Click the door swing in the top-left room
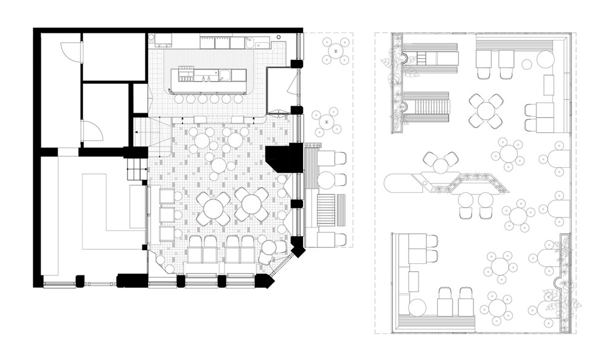[x=74, y=50]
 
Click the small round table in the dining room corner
[x=268, y=248]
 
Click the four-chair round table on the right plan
[x=486, y=111]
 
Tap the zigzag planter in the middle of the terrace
[x=465, y=182]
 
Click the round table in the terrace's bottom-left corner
[x=416, y=306]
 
